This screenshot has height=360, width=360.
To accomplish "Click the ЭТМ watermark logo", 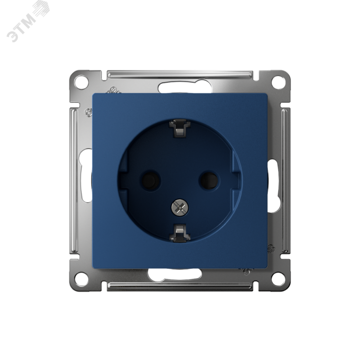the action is coord(27,21).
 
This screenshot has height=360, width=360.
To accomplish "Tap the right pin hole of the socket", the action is coord(209,180).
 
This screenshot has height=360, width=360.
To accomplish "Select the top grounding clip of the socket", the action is coord(180,129).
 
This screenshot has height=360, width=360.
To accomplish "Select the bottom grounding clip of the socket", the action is coord(180,233).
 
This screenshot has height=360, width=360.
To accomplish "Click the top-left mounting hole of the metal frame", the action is coord(81,82).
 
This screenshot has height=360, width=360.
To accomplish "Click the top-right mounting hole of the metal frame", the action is coord(278,82).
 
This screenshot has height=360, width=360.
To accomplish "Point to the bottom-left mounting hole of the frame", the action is coord(81,279).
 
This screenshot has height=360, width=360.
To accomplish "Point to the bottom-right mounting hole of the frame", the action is coord(278,279).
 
